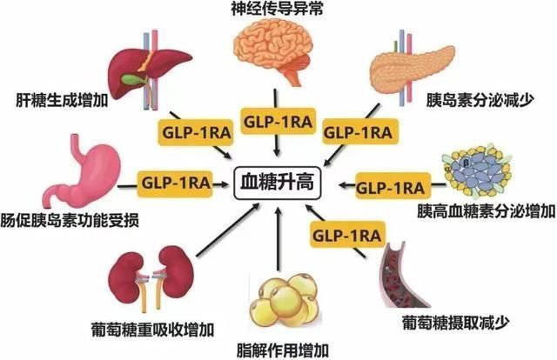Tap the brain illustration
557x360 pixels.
tap(276, 54)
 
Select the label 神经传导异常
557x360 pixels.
tap(276, 10)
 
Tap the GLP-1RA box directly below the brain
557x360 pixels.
tap(277, 120)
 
